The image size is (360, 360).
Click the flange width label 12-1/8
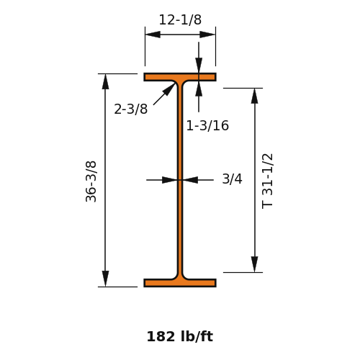coord(180,19)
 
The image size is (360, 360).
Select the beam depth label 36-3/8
coord(91,181)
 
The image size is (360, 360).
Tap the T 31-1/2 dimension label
coord(267,181)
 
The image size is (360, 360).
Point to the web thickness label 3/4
coord(232,179)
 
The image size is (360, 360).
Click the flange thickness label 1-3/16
coord(207,125)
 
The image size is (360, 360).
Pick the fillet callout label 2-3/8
coord(131,109)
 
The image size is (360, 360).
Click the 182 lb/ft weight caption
coord(180,336)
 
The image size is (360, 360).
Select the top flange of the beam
coord(180,77)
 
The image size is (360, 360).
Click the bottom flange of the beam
coord(180,283)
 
